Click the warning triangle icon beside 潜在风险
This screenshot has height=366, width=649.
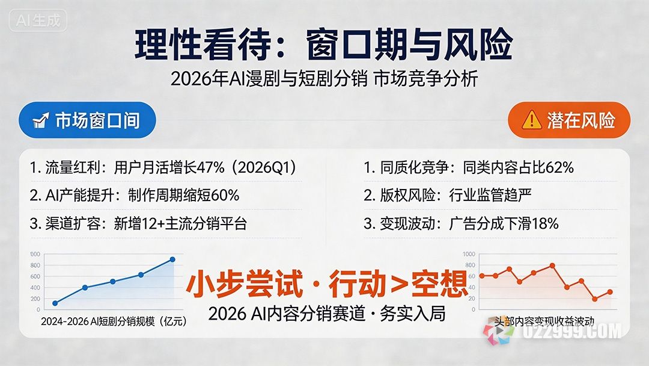point(532,120)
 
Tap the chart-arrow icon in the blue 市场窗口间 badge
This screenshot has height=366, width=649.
point(41,120)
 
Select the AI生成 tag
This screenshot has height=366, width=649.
point(38,20)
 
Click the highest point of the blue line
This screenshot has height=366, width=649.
point(172,259)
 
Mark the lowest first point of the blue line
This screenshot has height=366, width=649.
point(55,303)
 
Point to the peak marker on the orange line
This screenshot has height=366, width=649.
point(552,265)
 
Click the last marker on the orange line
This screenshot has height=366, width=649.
point(610,292)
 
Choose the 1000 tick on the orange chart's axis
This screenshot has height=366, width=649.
point(469,253)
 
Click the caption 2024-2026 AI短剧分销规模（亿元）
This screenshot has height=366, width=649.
point(114,321)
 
